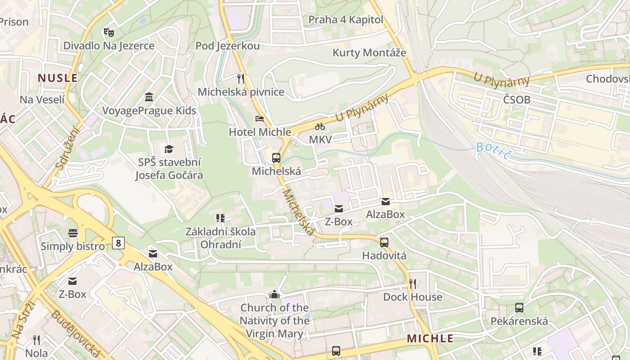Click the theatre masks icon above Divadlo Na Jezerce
108,32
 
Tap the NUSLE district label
58,78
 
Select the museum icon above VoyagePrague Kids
149,97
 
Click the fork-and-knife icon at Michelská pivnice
241,79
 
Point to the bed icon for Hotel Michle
260,119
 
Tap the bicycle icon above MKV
320,126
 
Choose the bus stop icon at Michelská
276,158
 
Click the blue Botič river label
494,150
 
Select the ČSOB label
517,99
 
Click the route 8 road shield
118,243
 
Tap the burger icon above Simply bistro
73,233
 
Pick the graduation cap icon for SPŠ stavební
169,149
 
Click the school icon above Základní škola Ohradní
220,218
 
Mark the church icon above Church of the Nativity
274,295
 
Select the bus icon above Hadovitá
384,243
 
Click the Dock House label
412,297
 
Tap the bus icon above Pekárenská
519,308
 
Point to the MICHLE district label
430,338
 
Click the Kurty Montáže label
369,53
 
